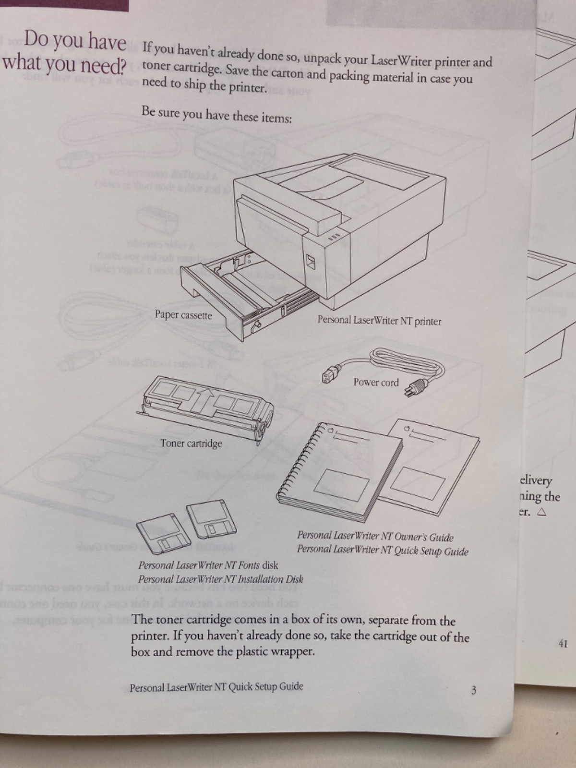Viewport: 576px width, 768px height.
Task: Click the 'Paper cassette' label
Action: [183, 315]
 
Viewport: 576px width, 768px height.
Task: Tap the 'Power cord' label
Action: [376, 383]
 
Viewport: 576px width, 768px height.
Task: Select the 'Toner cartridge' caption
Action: [191, 443]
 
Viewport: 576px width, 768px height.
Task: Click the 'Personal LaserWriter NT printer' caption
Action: [379, 321]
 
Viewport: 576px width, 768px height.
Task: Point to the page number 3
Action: [473, 691]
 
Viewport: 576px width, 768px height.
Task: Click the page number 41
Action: [563, 643]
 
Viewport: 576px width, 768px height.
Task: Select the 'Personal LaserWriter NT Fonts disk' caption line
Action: [208, 565]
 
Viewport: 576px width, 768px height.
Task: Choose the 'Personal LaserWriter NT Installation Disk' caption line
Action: [220, 579]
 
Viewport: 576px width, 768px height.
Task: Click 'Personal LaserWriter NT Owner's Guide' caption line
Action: [375, 537]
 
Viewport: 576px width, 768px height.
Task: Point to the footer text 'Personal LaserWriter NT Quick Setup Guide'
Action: [216, 687]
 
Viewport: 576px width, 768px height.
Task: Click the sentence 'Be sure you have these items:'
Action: [216, 115]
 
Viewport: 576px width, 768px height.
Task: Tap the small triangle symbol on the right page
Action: [542, 512]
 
